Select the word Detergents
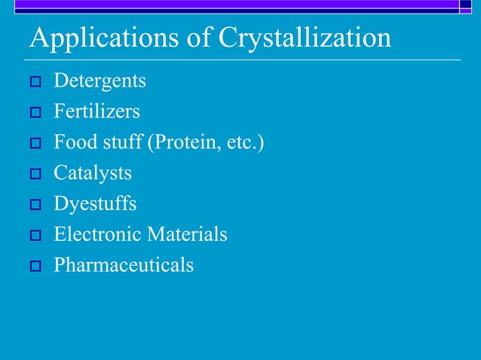100,81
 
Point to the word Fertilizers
97,111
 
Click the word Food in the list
71,142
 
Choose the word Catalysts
93,173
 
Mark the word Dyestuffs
95,204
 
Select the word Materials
186,234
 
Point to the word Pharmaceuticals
124,265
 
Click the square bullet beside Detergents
35,82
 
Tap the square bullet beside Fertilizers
35,113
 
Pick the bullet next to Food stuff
35,144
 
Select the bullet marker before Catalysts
35,175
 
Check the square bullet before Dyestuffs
35,205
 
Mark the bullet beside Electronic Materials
35,236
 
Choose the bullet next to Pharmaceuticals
35,267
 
